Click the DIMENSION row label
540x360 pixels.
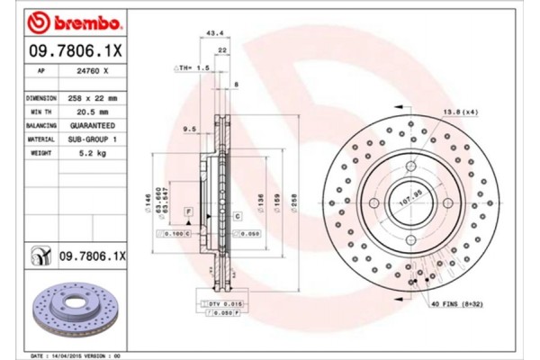pyautogui.click(x=41, y=97)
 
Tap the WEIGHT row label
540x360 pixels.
pyautogui.click(x=41, y=155)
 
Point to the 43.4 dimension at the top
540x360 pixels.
pyautogui.click(x=215, y=35)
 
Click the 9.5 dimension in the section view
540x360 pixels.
pyautogui.click(x=188, y=130)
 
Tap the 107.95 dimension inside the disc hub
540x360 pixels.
pyautogui.click(x=413, y=203)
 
